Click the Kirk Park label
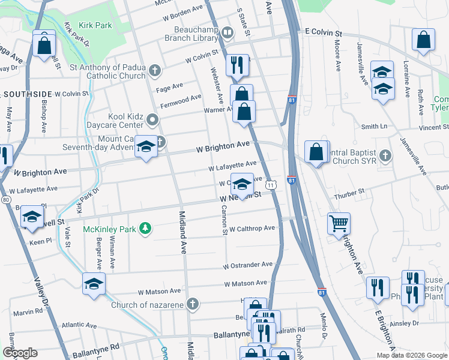95,26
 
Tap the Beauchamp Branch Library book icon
227,32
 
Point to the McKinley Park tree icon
145,228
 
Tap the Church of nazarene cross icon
192,304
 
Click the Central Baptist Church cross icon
385,155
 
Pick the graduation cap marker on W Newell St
241,184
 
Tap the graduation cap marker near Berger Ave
94,284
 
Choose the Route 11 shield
271,186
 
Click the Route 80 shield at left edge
5,199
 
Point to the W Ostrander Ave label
248,265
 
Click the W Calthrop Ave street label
252,228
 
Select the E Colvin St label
322,31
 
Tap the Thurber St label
352,191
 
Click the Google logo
20,353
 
